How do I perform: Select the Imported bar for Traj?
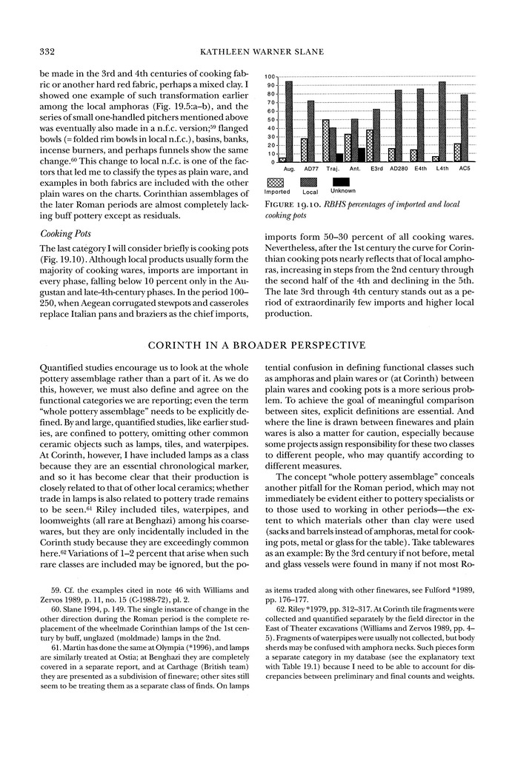(x=326, y=141)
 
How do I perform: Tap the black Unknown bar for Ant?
(x=361, y=155)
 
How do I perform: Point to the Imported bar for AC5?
(x=457, y=152)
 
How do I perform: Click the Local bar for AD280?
(x=398, y=126)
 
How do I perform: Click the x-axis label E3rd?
(x=376, y=169)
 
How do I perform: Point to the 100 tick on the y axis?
(x=270, y=77)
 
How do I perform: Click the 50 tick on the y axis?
(x=271, y=119)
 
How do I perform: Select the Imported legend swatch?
(x=277, y=181)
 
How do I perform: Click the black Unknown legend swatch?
(x=342, y=181)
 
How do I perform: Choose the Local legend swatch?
(x=310, y=181)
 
